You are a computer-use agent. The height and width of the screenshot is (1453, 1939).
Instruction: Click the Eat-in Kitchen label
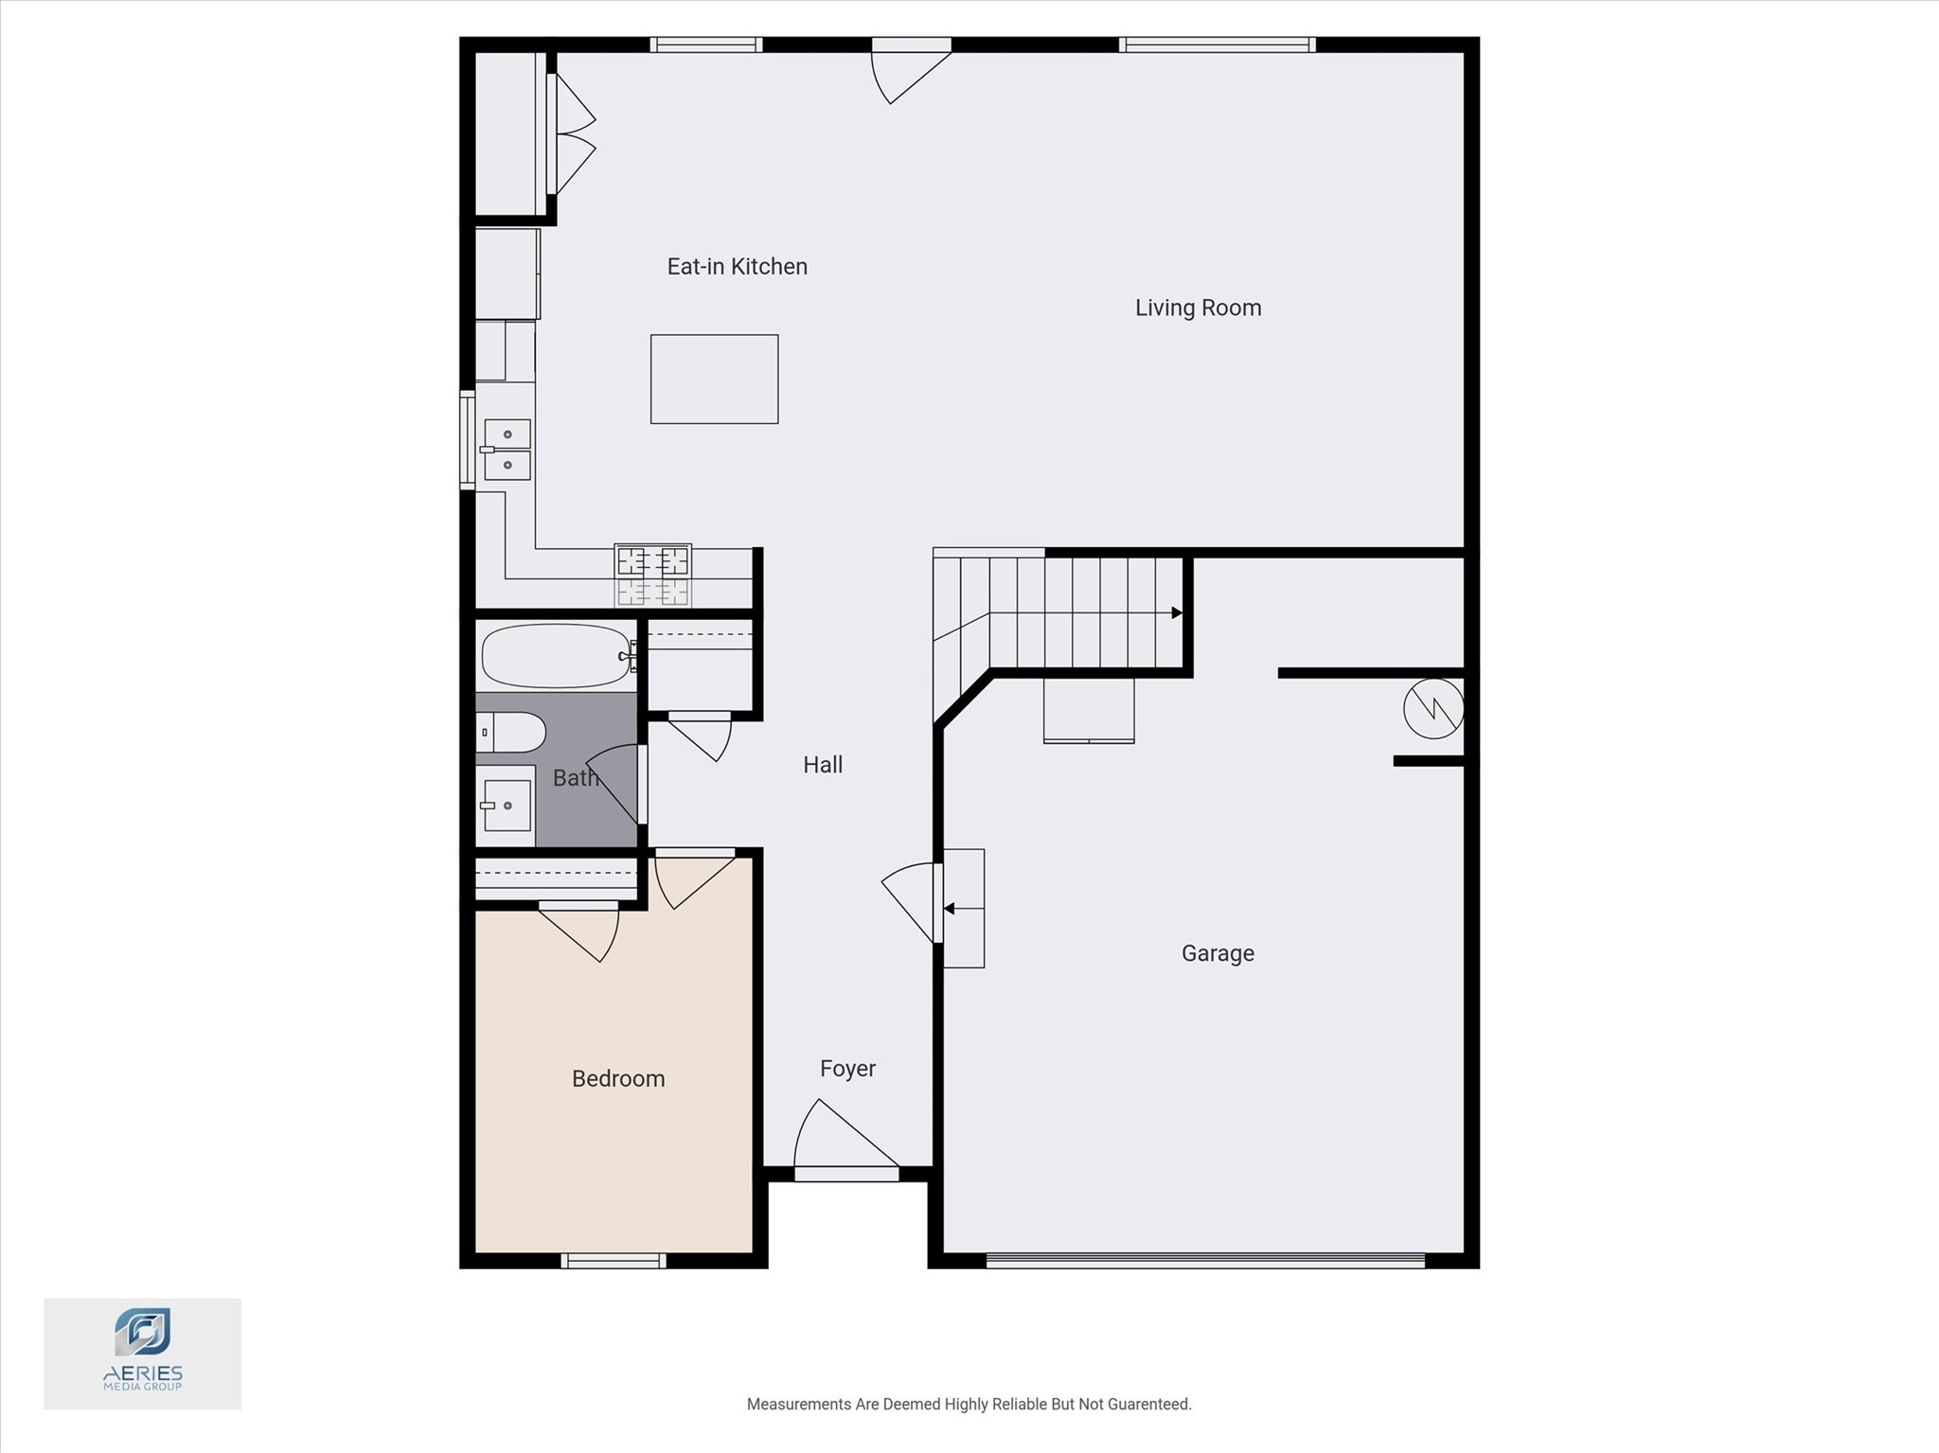737,267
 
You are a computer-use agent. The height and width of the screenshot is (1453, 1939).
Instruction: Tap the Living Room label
1198,308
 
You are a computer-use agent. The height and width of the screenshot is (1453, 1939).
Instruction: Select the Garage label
1218,953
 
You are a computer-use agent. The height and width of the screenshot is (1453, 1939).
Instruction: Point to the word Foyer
847,1069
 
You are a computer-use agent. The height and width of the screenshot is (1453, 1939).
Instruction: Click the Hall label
823,765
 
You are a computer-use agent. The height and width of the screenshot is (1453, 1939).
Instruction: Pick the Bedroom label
618,1079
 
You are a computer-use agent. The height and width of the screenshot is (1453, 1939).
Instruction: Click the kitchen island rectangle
714,379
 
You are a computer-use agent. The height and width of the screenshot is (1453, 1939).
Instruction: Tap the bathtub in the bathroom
556,655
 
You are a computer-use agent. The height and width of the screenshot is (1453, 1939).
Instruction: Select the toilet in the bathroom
511,733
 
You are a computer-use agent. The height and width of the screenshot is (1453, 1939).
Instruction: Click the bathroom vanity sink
507,806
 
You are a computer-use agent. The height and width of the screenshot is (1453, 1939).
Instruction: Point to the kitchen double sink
507,450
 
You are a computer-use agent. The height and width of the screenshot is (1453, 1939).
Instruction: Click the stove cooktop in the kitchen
652,575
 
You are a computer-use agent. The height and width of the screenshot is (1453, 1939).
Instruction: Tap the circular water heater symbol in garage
1433,708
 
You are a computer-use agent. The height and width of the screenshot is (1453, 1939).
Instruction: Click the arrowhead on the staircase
1177,612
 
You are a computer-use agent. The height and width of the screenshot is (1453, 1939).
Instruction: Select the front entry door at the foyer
845,1141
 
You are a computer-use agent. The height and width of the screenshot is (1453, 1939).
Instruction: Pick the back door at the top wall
911,71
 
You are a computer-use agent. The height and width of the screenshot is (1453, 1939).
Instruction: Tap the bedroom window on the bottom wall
614,1261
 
